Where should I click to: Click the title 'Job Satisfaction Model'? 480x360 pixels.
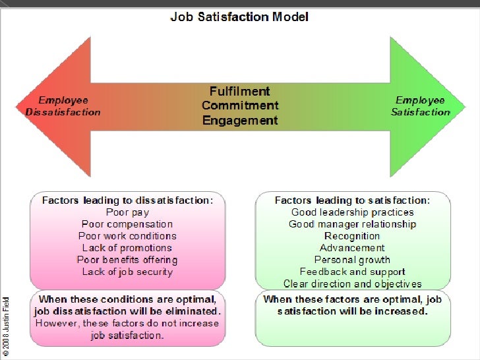point(240,16)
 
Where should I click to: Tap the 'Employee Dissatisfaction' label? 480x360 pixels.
point(63,106)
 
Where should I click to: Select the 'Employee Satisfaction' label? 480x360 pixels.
point(420,106)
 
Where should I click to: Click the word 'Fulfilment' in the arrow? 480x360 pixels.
point(240,92)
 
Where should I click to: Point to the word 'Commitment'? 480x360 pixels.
point(240,106)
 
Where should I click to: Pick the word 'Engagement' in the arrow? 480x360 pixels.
point(240,121)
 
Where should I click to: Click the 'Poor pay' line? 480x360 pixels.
point(127,212)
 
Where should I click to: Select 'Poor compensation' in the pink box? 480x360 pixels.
point(127,224)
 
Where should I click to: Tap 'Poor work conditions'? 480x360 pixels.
point(127,236)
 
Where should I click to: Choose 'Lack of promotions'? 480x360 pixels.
point(127,248)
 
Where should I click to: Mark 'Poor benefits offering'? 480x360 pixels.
point(127,260)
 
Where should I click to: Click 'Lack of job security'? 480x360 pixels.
point(127,272)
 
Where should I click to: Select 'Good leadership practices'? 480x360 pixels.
point(353,212)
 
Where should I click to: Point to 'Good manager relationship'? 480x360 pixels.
point(353,224)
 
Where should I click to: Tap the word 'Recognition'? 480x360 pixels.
point(353,236)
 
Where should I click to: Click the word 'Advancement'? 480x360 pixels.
point(353,248)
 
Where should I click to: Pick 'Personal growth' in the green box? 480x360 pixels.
point(353,260)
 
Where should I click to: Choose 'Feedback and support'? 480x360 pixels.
point(353,272)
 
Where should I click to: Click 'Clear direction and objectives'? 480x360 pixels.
point(353,284)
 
